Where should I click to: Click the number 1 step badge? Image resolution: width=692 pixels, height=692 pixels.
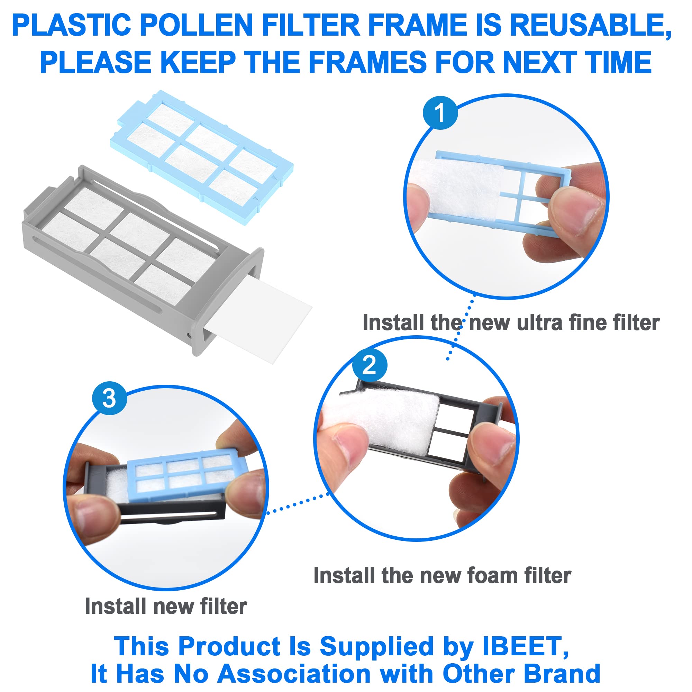[440, 112]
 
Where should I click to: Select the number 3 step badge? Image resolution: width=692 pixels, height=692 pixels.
[110, 398]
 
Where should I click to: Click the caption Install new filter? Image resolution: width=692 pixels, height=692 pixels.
[166, 606]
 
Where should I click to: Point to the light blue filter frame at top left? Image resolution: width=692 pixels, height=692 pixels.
[202, 157]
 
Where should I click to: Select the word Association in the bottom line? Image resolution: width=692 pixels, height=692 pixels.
[294, 673]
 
